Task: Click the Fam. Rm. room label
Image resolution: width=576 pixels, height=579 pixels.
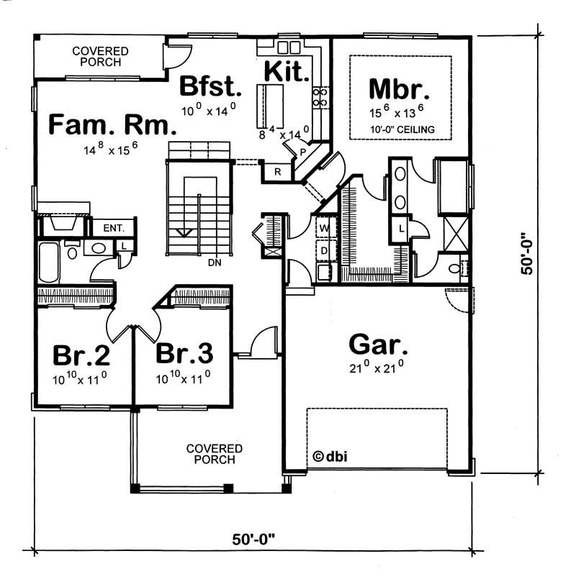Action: [112, 125]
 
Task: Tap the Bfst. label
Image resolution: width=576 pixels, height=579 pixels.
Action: [210, 86]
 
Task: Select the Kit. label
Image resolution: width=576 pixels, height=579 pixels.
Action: [287, 73]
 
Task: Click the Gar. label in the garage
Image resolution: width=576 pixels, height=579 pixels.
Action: [378, 345]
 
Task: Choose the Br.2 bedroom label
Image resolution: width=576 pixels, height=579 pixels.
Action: [81, 355]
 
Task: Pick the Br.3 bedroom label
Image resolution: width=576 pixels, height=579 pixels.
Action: [184, 355]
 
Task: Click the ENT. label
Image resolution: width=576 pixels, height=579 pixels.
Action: [114, 228]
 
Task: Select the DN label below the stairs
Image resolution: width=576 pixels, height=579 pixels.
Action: [213, 263]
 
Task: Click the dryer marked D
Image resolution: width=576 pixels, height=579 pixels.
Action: [324, 250]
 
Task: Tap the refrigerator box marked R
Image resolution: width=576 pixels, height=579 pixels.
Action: [277, 172]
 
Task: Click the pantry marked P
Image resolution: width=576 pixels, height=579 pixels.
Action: [303, 152]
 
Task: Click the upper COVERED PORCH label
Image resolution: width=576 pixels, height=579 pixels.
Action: [100, 56]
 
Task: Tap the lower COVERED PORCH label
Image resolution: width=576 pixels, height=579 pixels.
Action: [214, 454]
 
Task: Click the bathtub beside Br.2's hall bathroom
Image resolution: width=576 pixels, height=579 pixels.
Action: [50, 263]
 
